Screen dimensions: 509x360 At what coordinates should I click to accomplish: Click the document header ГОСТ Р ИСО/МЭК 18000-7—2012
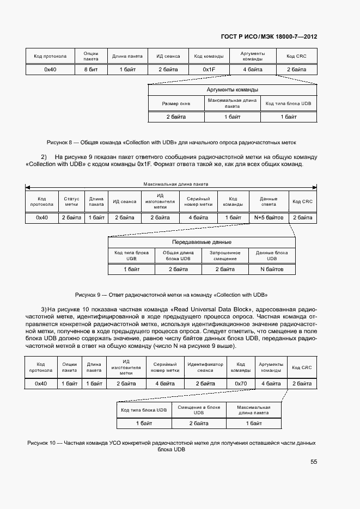coord(269,36)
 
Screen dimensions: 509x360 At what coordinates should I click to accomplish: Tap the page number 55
coord(314,462)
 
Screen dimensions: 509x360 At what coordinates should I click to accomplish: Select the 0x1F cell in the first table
coord(209,70)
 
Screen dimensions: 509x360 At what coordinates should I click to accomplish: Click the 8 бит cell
coord(90,70)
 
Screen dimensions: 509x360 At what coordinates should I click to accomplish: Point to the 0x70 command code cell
coord(241,383)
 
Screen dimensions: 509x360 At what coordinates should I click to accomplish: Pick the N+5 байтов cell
coord(269,218)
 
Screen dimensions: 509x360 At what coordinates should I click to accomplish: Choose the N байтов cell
coord(271,269)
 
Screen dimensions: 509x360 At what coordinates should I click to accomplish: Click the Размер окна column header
coord(176,103)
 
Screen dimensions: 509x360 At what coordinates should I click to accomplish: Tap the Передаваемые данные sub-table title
coord(202,242)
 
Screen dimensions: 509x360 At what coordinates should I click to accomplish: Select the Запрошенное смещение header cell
coord(224,255)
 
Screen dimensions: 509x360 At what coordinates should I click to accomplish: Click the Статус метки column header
coord(71,201)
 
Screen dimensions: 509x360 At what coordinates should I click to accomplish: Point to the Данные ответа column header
coord(269,201)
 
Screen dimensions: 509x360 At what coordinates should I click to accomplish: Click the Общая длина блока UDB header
coord(178,255)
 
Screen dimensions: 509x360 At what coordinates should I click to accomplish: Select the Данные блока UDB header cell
coord(271,255)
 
